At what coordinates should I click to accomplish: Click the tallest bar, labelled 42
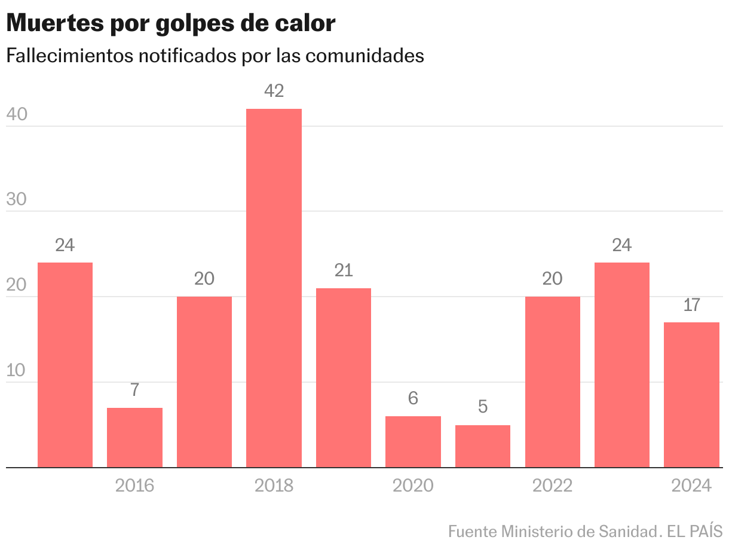pos(274,287)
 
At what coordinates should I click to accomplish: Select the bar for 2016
pos(134,437)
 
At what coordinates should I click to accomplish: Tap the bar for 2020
pos(413,441)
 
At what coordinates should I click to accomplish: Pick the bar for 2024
pos(691,395)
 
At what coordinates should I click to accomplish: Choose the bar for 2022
pos(552,382)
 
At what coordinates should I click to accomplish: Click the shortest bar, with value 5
pos(483,446)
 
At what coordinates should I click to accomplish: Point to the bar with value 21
pos(344,377)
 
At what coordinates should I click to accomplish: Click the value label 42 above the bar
pos(274,91)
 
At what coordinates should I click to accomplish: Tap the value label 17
pos(691,305)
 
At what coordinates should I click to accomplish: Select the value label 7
pos(134,391)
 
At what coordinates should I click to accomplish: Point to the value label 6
pos(413,398)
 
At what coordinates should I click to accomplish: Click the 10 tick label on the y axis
pos(16,371)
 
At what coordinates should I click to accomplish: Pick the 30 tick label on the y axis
pos(16,200)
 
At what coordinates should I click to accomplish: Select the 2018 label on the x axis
pos(274,485)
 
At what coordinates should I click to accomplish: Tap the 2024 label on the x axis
pos(691,485)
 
